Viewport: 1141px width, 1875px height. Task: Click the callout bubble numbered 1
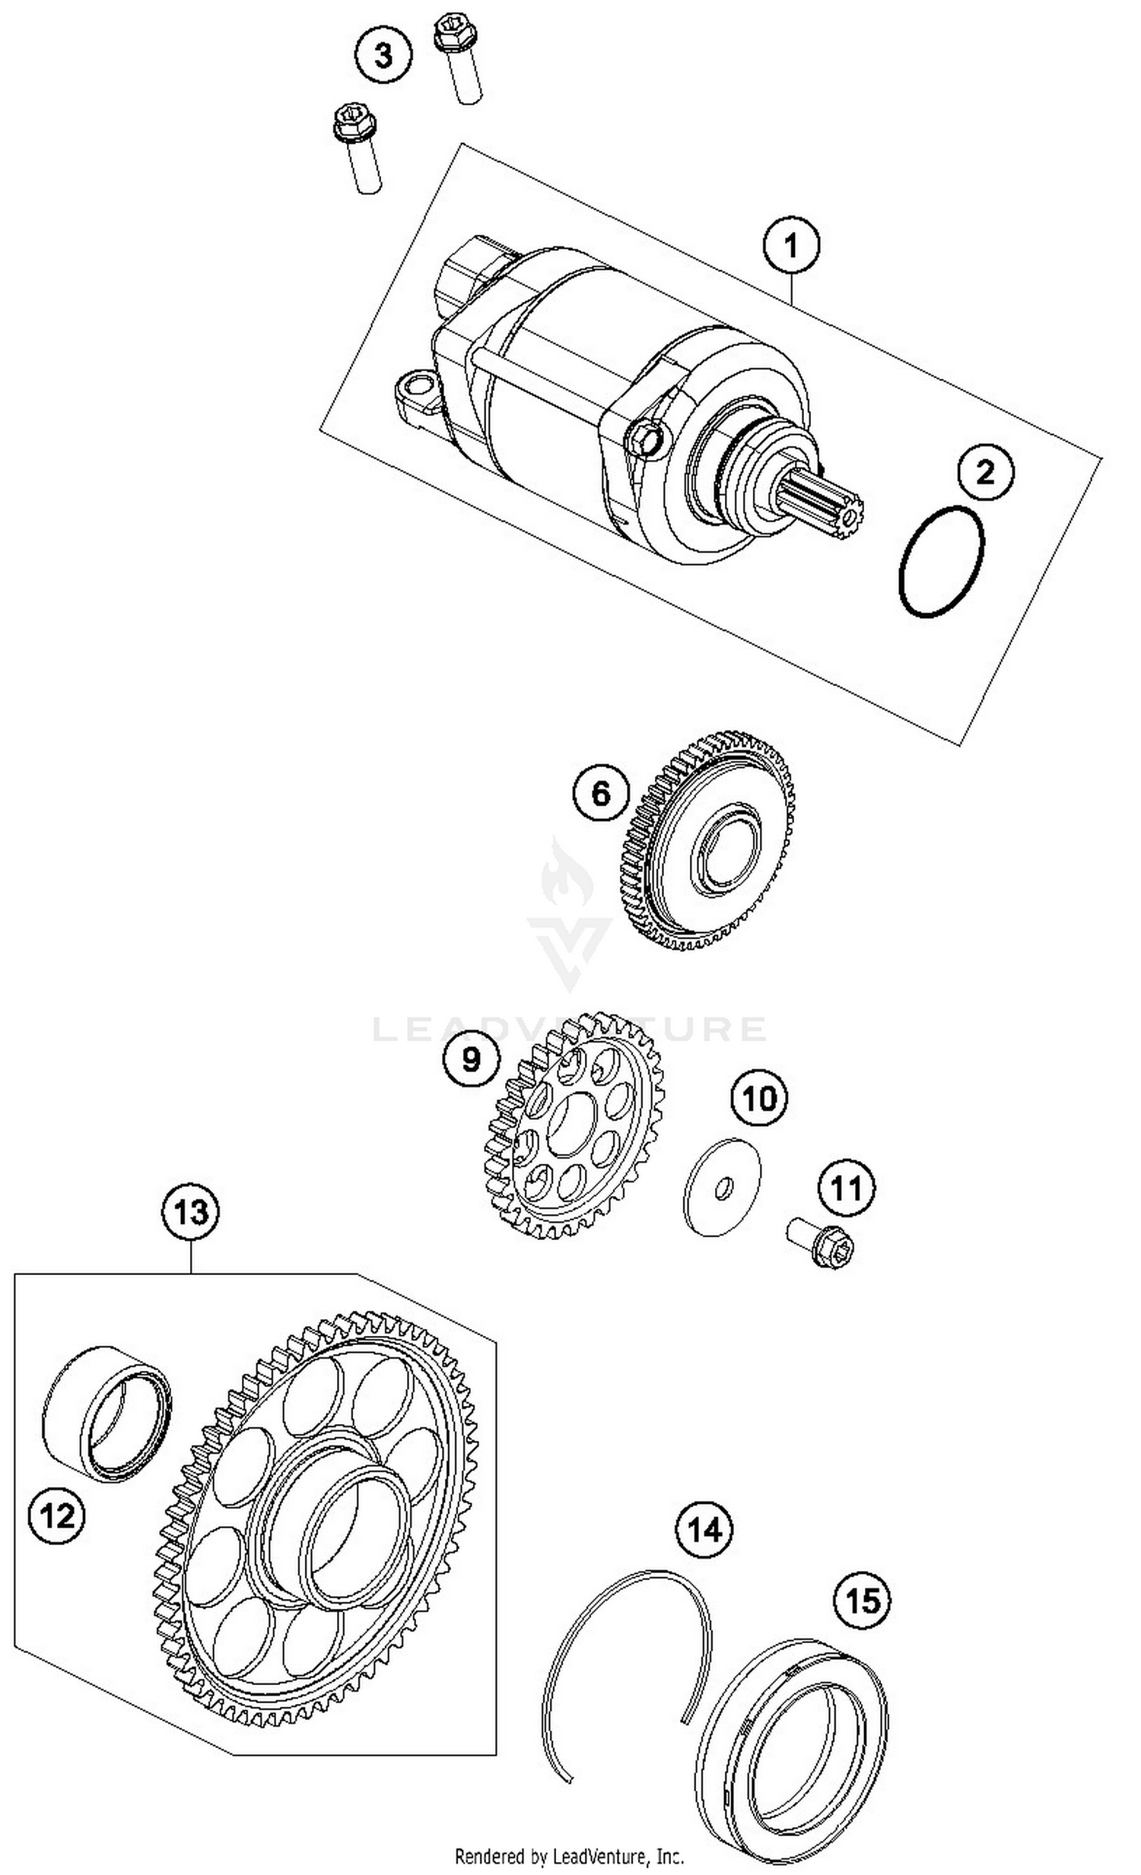791,246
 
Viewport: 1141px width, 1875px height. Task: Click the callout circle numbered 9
472,1058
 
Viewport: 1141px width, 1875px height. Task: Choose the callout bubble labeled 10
760,1098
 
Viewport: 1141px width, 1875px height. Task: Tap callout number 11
847,1188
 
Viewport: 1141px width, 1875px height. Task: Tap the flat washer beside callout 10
722,1188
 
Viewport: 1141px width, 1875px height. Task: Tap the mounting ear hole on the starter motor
416,382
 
